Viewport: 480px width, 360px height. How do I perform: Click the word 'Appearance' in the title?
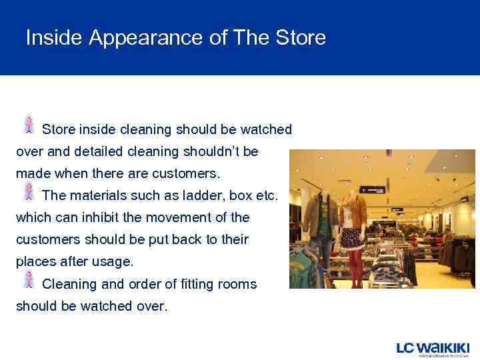click(x=147, y=38)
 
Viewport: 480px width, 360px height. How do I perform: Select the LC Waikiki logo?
click(x=433, y=349)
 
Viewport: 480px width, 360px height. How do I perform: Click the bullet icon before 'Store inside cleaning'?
click(x=29, y=125)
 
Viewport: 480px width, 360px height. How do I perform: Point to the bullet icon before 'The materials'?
click(x=29, y=191)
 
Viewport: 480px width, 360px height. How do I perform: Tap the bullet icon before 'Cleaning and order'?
click(x=29, y=279)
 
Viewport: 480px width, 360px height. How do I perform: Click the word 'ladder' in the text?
click(x=199, y=195)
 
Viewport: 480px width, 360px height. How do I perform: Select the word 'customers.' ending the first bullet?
click(x=185, y=173)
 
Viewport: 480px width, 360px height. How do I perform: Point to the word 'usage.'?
click(x=109, y=261)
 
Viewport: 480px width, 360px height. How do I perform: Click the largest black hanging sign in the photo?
click(x=372, y=189)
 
